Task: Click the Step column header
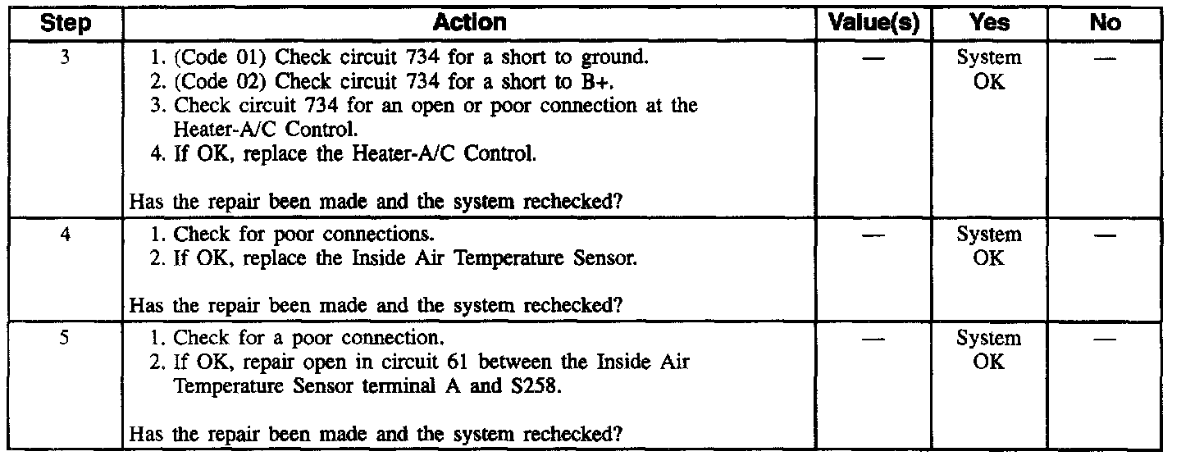pos(66,22)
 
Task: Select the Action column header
pos(470,22)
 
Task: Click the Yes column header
pos(989,22)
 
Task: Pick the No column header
pos(1105,22)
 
